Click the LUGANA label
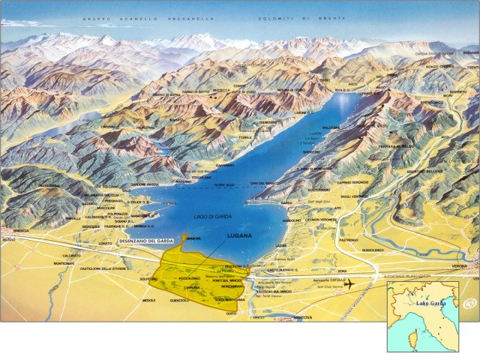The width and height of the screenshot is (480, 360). (x=241, y=235)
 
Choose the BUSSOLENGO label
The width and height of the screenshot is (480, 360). (x=373, y=249)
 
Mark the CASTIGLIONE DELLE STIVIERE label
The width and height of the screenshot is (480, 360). (x=105, y=268)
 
